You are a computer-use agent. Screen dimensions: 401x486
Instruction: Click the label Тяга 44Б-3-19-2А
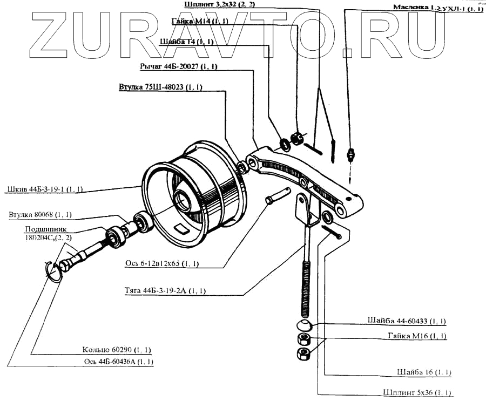point(165,290)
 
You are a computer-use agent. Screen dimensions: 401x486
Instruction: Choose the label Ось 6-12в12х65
point(161,263)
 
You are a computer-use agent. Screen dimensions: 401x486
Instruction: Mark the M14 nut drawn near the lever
point(296,139)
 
